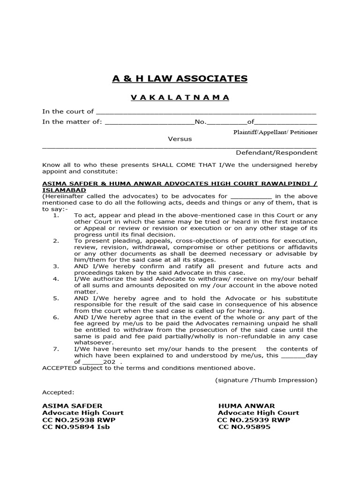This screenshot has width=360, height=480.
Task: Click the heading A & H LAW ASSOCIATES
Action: coord(180,79)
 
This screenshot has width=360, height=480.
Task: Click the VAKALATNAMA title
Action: coord(180,97)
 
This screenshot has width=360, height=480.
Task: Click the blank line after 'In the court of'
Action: coord(206,112)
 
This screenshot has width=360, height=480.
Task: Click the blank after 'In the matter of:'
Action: coord(150,123)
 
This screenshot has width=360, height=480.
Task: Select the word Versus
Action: coord(180,139)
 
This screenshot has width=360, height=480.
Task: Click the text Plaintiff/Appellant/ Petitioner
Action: coord(275,132)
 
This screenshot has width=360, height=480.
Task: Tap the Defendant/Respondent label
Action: coord(276,152)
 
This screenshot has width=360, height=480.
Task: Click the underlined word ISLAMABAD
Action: coord(64,190)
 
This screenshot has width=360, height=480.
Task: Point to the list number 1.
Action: coord(56,215)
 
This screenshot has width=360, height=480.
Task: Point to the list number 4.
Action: coord(56,279)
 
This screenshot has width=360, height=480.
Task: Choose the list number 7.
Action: coord(56,349)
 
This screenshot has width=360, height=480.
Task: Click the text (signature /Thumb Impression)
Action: coord(266,380)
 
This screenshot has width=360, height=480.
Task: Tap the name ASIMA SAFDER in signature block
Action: coord(72,405)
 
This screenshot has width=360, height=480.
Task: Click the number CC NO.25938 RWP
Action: coord(79,420)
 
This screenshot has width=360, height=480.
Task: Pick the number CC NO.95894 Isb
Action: coord(76,427)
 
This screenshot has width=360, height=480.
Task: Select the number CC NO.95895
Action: coord(244,427)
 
